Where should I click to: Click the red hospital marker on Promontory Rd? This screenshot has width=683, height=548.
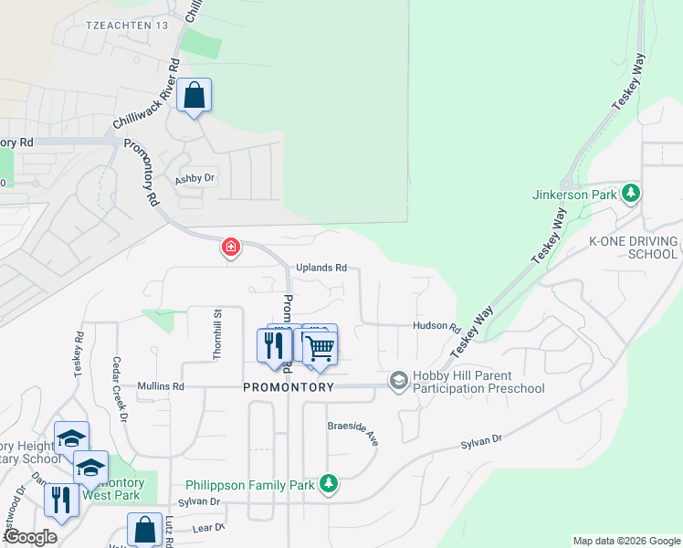231,247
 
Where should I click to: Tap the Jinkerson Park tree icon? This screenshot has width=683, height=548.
630,194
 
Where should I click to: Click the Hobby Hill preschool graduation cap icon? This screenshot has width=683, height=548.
398,379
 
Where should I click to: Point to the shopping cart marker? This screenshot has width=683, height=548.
320,347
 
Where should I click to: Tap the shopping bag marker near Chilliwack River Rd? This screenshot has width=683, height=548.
194,95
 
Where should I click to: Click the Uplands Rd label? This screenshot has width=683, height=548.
321,268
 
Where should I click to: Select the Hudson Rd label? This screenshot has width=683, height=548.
435,326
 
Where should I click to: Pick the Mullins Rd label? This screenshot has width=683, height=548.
161,386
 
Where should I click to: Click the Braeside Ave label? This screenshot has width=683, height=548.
353,433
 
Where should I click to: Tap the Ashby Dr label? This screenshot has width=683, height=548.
194,179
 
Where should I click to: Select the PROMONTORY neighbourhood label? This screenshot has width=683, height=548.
289,387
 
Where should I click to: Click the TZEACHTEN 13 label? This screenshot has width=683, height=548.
126,26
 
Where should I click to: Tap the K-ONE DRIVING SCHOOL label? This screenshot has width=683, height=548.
633,248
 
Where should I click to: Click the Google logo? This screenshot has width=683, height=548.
30,537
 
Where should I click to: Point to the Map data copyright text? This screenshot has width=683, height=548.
626,541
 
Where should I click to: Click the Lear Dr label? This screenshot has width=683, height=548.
208,527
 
